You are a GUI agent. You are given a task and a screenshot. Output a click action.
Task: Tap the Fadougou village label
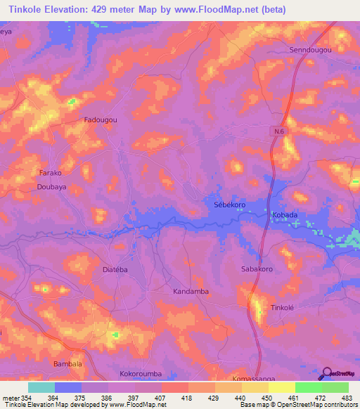pos(101,120)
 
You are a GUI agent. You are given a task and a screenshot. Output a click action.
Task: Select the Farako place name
pos(50,172)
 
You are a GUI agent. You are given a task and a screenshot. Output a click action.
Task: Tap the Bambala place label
pos(68,364)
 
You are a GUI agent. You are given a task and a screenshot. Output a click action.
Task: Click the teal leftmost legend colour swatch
pos(41,387)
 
